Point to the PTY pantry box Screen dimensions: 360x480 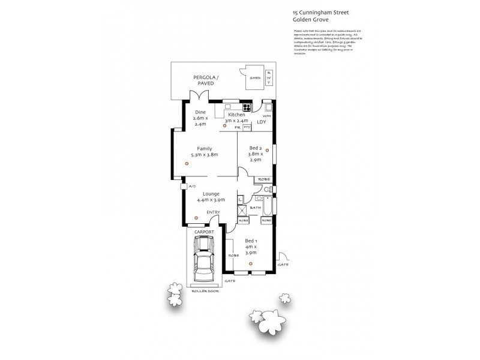point(247,127)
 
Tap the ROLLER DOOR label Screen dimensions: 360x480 point(205,290)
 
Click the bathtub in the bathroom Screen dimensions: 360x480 point(268,206)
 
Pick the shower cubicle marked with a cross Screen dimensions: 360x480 point(241,210)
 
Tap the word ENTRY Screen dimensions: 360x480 point(213,212)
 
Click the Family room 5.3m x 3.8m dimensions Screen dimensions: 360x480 point(205,155)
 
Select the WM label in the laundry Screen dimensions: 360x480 point(258,116)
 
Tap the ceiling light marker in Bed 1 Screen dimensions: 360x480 point(251,263)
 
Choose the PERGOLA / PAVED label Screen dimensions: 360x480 point(206,80)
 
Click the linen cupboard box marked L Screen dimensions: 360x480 point(241,199)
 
